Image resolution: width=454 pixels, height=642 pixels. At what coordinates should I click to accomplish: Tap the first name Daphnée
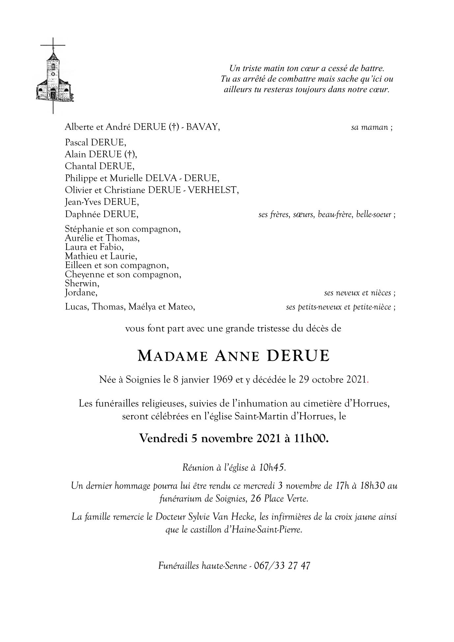pos(83,214)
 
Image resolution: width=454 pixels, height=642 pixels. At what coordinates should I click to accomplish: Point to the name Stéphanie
pos(82,229)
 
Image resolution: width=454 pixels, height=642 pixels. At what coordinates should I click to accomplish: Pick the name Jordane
pos(81,293)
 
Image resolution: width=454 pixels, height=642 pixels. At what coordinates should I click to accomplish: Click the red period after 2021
pos(368,381)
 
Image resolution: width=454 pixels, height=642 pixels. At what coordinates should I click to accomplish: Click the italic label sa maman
pos(370,127)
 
